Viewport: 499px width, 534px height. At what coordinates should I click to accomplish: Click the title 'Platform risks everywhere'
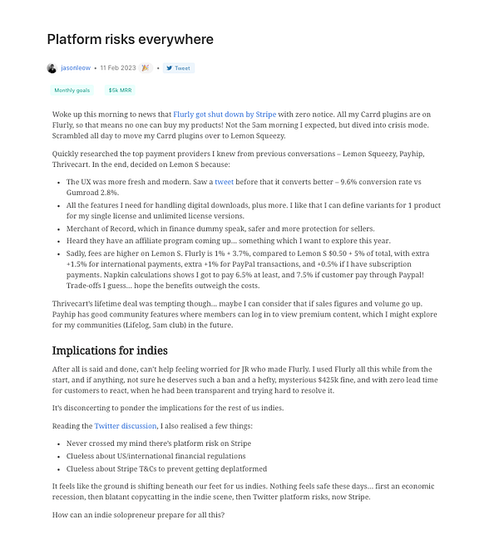[x=130, y=39]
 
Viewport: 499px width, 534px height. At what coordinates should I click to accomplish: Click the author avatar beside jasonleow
[x=52, y=68]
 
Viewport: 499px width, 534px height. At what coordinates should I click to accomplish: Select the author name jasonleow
[x=76, y=68]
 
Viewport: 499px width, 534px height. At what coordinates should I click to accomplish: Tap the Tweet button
[x=178, y=68]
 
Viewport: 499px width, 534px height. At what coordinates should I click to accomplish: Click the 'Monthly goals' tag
[x=72, y=90]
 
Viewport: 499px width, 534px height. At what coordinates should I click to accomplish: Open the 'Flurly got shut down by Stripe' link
[x=225, y=115]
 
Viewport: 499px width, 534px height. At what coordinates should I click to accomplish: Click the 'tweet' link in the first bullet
[x=224, y=181]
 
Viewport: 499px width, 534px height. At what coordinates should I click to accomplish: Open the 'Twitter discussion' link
[x=125, y=426]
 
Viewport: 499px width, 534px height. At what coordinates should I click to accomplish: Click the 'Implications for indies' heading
[x=110, y=350]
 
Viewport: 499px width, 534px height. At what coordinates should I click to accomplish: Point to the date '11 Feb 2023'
[x=117, y=68]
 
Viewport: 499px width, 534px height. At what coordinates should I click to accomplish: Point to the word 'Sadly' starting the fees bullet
[x=77, y=252]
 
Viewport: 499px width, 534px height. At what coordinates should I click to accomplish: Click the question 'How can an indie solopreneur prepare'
[x=138, y=516]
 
